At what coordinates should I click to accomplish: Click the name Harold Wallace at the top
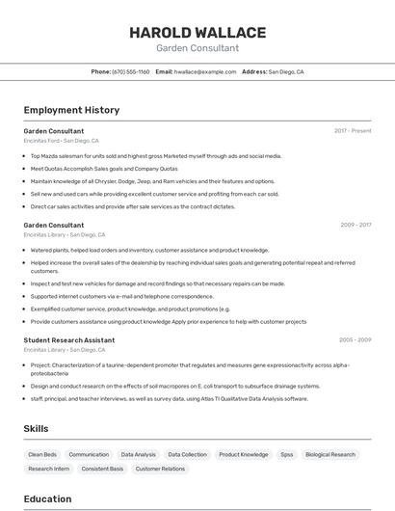click(x=197, y=32)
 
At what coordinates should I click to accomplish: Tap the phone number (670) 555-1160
click(x=131, y=71)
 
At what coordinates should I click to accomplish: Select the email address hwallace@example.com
click(x=205, y=71)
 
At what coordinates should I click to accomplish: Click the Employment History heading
click(x=71, y=110)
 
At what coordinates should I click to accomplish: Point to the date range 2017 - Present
click(x=353, y=130)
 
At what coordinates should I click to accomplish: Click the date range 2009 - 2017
click(x=355, y=225)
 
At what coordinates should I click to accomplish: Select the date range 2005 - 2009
click(x=355, y=339)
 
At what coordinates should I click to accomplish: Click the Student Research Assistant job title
click(x=69, y=340)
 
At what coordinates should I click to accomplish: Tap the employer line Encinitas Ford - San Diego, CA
click(x=61, y=141)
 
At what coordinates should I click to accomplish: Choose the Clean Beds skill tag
click(x=42, y=454)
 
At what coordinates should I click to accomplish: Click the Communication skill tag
click(x=89, y=454)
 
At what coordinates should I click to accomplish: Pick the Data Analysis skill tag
click(x=138, y=454)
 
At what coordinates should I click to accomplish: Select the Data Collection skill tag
click(x=187, y=454)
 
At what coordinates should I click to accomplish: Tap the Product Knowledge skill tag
click(x=243, y=454)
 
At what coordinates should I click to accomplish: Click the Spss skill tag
click(x=286, y=454)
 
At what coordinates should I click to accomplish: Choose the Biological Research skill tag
click(x=330, y=454)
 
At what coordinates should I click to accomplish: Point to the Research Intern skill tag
click(x=49, y=469)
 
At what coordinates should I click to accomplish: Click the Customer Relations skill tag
click(x=160, y=469)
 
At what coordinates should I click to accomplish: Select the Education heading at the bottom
click(x=47, y=498)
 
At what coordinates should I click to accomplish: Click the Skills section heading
click(x=37, y=428)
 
